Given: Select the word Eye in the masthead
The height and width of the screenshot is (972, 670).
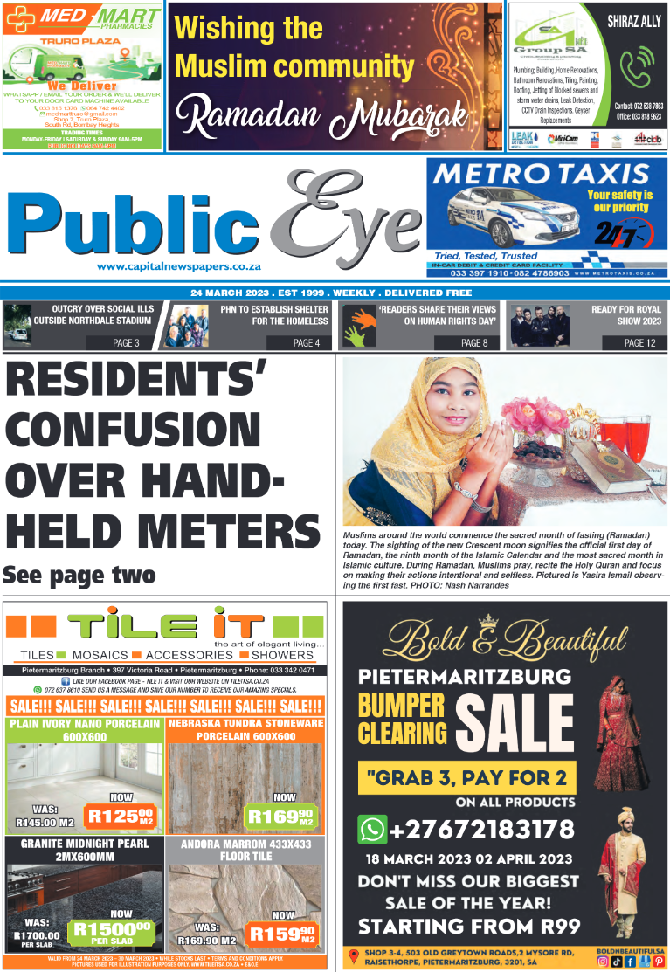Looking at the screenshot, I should [349, 218].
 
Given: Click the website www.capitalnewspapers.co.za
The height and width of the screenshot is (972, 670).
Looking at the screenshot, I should [179, 267].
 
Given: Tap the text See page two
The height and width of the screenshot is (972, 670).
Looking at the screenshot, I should [79, 575].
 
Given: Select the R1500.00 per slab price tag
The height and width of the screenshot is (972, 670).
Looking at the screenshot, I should [113, 933].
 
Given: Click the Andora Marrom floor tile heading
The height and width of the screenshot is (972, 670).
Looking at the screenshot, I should [245, 850].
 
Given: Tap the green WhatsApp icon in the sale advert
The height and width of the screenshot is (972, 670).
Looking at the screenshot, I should [372, 828].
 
